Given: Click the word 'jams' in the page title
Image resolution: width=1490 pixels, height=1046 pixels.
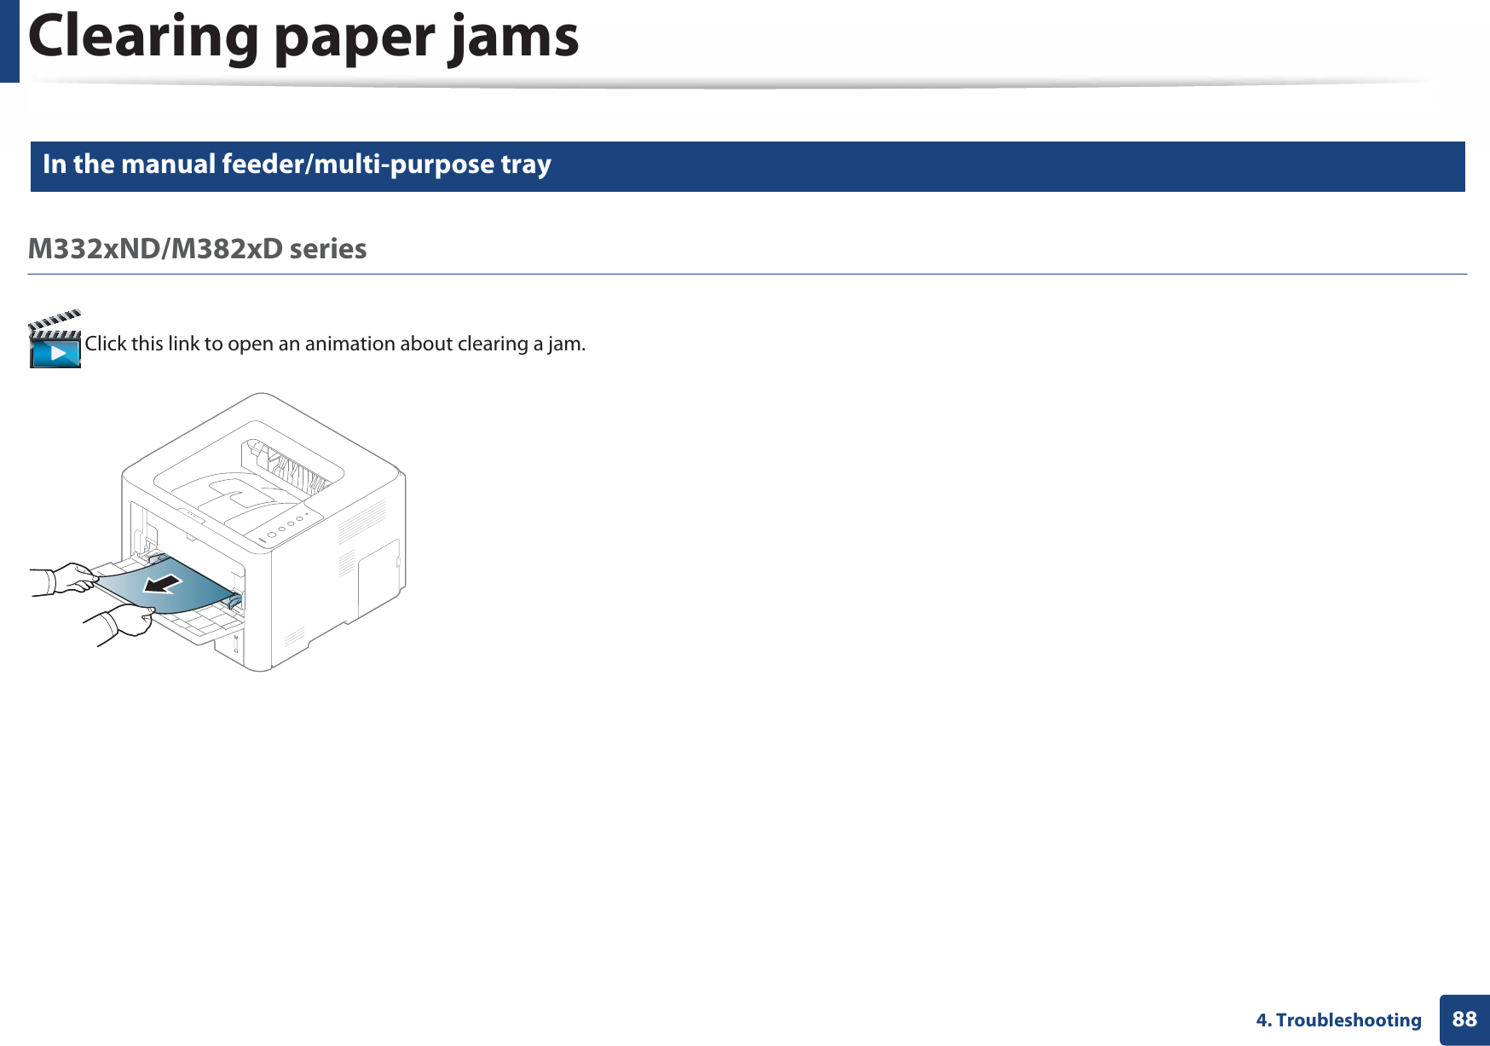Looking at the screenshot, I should tap(514, 38).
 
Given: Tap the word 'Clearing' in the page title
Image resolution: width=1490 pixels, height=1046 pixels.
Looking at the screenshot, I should tap(143, 38).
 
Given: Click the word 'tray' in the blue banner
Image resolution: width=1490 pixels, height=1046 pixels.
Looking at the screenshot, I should tap(526, 164).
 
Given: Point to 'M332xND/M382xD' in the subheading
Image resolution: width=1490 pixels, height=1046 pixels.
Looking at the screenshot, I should tap(154, 249).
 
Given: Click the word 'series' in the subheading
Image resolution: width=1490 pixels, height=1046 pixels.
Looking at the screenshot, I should tap(328, 249).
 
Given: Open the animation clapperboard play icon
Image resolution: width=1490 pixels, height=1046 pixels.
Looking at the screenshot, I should tap(55, 341).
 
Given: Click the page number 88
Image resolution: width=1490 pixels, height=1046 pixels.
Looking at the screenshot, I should tap(1464, 1020).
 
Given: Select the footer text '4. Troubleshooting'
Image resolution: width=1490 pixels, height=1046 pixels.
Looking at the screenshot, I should tap(1338, 1020).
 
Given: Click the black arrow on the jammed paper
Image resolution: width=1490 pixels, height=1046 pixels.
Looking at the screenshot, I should tap(162, 584).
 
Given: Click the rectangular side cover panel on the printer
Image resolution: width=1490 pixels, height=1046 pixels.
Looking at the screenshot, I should tap(378, 575).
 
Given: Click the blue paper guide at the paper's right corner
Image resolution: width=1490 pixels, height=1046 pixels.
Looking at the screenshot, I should tap(234, 598).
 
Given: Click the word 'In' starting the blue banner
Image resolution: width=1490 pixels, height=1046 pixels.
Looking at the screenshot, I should tap(55, 164).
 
